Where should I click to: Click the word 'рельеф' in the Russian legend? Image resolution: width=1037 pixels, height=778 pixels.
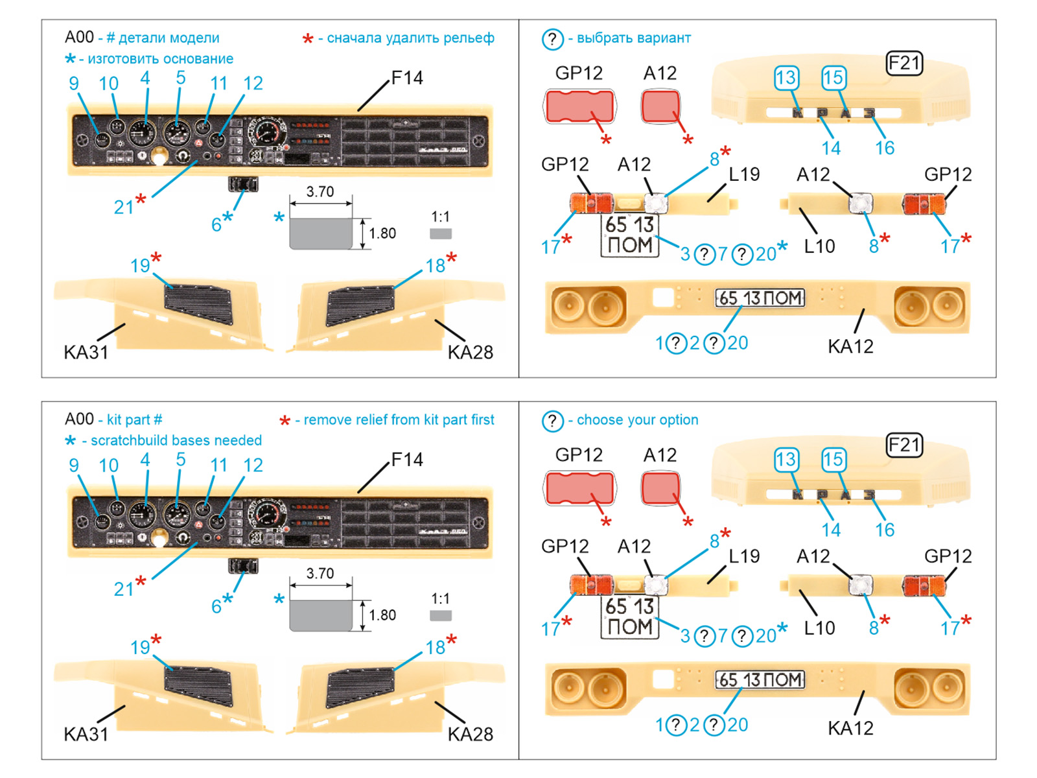click(x=471, y=38)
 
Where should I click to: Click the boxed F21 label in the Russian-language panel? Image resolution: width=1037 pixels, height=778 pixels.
click(x=904, y=64)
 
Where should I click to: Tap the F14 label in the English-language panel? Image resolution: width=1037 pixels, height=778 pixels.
click(x=407, y=460)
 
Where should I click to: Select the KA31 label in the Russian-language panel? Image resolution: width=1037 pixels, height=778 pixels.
click(x=86, y=353)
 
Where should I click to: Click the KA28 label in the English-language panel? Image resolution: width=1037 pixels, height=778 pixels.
click(x=471, y=735)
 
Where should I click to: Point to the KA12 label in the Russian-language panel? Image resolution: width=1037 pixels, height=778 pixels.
click(x=850, y=347)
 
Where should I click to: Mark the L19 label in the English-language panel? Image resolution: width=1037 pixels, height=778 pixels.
click(x=744, y=556)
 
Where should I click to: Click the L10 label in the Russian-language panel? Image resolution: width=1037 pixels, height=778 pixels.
click(x=819, y=246)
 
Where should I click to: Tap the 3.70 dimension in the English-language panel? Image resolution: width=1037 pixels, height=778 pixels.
click(x=320, y=574)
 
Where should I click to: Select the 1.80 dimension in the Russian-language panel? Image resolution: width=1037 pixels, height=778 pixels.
click(x=382, y=233)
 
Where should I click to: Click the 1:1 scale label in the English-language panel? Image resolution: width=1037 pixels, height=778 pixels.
click(x=441, y=599)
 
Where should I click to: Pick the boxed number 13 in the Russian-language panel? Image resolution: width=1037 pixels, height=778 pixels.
click(x=786, y=78)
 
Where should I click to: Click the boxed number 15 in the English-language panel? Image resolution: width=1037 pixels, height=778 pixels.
click(x=833, y=460)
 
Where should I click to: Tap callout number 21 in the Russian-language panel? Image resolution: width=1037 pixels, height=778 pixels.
click(x=124, y=207)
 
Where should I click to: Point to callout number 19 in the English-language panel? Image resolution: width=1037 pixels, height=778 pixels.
click(x=140, y=648)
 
